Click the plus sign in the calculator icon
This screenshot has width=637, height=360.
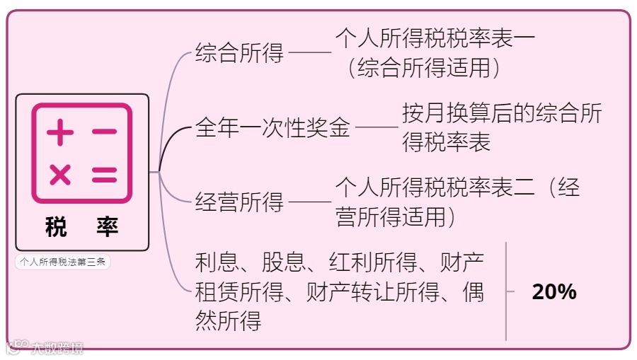coord(60,132)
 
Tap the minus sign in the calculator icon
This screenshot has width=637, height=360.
coord(104,132)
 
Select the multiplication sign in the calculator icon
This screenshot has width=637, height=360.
coord(60,175)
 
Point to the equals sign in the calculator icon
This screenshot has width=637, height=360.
coord(104,175)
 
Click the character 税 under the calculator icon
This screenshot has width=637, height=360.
coord(56,228)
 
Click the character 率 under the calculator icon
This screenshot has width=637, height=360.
coord(108,228)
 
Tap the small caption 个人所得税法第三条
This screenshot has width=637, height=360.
coord(62,262)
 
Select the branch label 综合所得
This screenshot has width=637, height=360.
coord(239,53)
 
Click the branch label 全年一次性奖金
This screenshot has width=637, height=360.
coord(272,128)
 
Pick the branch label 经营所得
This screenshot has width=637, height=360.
coord(239,203)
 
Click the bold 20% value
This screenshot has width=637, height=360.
coord(554,291)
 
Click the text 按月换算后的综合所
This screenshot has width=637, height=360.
coord(503,114)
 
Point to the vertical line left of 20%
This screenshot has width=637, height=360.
coord(506,291)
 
